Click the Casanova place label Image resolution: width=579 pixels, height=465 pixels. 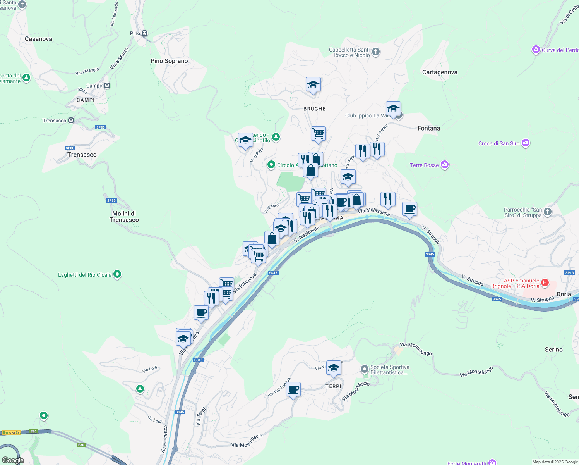tap(38, 39)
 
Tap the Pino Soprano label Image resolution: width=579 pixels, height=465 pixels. tap(169, 61)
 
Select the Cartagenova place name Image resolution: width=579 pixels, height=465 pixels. tap(440, 72)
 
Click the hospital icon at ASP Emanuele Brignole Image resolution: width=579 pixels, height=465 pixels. tap(545, 282)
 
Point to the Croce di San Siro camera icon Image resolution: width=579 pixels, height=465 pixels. tap(525, 143)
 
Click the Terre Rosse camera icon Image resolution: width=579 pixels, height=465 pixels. tap(445, 165)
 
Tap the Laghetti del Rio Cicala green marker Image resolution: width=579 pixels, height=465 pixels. tap(117, 274)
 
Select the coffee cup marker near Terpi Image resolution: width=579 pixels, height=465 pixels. tap(293, 389)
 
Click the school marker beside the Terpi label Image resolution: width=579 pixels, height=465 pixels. tap(334, 368)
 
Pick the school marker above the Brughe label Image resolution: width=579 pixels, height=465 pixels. tap(313, 84)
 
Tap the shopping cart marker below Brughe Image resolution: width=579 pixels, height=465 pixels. tap(318, 134)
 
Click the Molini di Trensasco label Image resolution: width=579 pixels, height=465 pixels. tap(124, 217)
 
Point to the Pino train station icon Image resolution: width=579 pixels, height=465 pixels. tap(144, 33)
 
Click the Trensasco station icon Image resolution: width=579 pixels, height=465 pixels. tap(71, 121)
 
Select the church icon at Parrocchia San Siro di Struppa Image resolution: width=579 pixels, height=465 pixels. tap(547, 212)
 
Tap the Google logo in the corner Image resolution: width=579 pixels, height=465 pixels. tap(13, 460)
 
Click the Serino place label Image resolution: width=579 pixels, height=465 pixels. tap(553, 350)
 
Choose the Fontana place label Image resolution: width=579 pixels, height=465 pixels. tap(428, 128)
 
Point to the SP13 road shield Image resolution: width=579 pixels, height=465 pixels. tap(569, 273)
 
